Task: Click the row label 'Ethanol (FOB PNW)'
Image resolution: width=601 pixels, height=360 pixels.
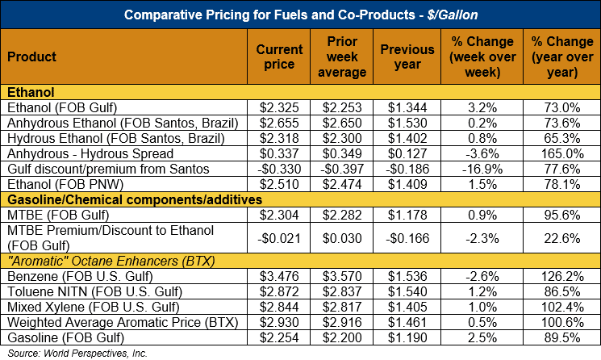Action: [57, 184]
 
